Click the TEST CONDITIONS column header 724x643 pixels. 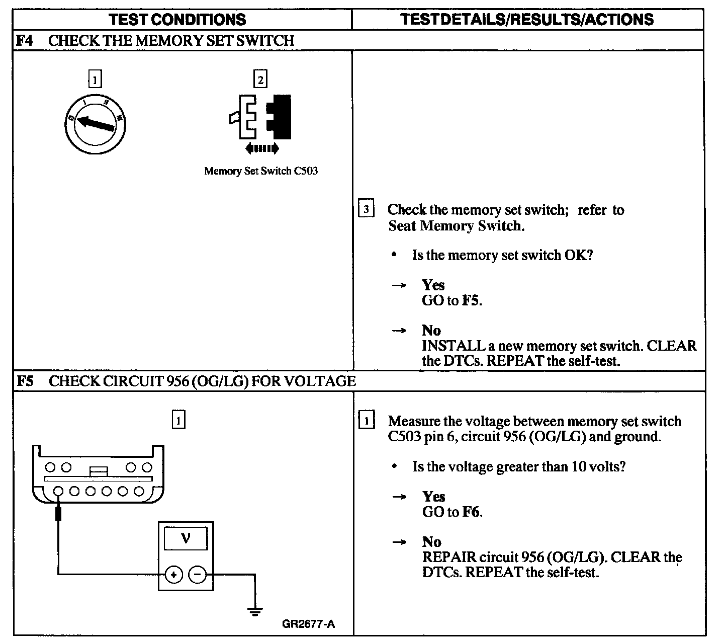(177, 20)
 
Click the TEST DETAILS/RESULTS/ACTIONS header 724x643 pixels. (527, 20)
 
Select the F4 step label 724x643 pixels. (24, 40)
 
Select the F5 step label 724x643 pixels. (25, 381)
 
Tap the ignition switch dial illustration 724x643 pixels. (96, 123)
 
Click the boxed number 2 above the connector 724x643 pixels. (260, 79)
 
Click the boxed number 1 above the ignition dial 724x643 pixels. (95, 79)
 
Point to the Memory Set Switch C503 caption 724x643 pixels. (261, 171)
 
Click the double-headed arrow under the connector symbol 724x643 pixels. (262, 148)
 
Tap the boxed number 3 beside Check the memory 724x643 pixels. (366, 209)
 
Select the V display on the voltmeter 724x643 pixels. (186, 539)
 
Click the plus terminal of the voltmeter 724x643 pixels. (174, 574)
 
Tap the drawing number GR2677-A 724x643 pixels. (308, 624)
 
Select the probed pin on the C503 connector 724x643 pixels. (59, 491)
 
